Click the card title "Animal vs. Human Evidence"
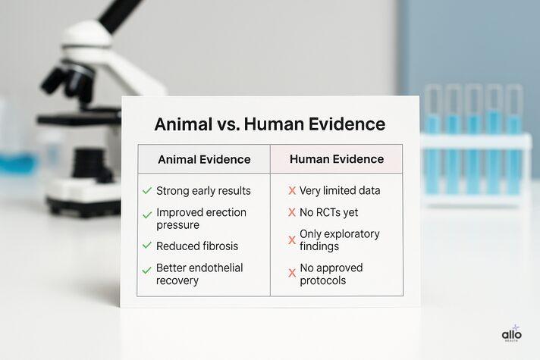(x=269, y=124)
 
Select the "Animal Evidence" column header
(x=203, y=159)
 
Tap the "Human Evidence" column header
(x=337, y=159)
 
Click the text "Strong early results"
(x=203, y=191)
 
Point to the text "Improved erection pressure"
(x=201, y=219)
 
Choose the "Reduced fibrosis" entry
(x=197, y=246)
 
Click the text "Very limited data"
(x=340, y=191)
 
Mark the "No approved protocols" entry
(x=331, y=274)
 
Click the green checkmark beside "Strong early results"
(x=146, y=191)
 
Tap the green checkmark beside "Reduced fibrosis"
(x=146, y=246)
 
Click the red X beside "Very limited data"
(x=292, y=191)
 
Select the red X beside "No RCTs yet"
(x=292, y=212)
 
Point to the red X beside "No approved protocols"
(x=292, y=273)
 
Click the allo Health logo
(x=512, y=333)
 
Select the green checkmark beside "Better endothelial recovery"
(x=146, y=270)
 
